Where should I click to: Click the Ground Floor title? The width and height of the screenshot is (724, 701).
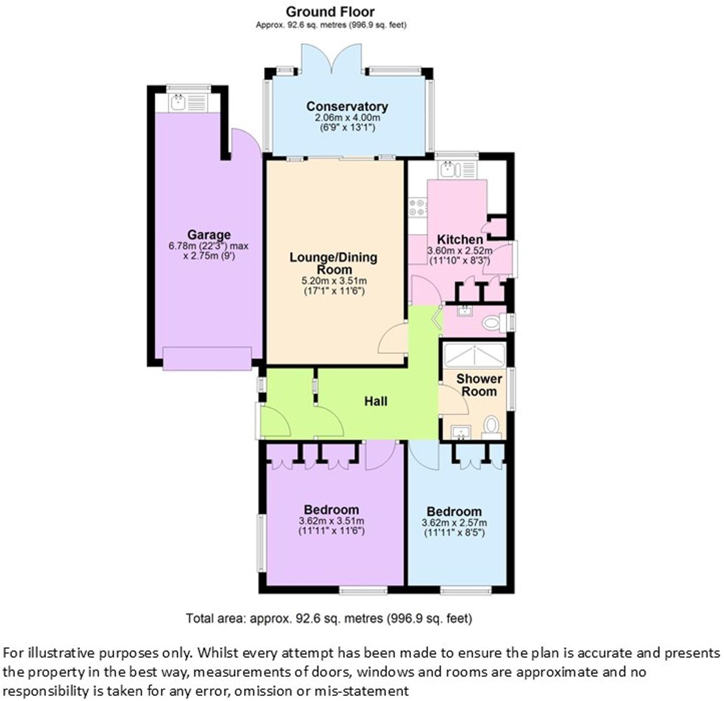[330, 12]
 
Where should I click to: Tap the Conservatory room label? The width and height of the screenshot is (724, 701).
[347, 106]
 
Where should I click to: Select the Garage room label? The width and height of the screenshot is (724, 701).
[208, 235]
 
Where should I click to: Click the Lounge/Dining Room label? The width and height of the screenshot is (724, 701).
[333, 263]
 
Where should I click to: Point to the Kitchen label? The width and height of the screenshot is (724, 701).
[460, 239]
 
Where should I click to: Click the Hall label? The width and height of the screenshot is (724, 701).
[375, 401]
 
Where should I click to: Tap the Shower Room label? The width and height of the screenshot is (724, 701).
[479, 385]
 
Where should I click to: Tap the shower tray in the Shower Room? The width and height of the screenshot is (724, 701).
[474, 355]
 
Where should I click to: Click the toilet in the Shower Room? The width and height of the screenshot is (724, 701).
[491, 426]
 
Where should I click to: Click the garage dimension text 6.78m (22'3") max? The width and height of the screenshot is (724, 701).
[208, 247]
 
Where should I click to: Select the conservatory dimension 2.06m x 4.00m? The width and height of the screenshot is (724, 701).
[347, 118]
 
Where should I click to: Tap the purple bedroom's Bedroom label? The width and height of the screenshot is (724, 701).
[331, 509]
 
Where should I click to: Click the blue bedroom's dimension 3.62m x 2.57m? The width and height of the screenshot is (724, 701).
[454, 523]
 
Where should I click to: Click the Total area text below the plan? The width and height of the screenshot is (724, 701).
[329, 618]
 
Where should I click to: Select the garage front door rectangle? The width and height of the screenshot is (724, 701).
[207, 358]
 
